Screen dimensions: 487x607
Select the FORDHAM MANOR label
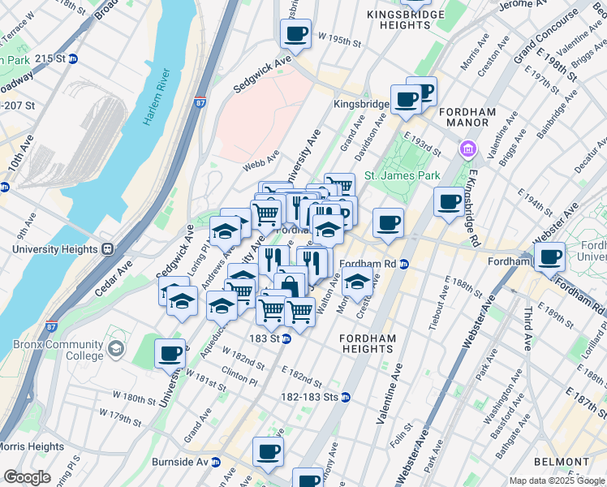pyautogui.click(x=463, y=117)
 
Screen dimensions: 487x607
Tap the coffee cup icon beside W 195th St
pyautogui.click(x=295, y=33)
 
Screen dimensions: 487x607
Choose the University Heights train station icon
pyautogui.click(x=106, y=248)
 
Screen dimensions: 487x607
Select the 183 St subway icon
pyautogui.click(x=286, y=338)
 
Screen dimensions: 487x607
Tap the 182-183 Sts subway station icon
pyautogui.click(x=346, y=397)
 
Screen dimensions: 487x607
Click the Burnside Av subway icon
pyautogui.click(x=216, y=462)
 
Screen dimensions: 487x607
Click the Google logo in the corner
pyautogui.click(x=27, y=476)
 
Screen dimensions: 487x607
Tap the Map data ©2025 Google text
pyautogui.click(x=556, y=481)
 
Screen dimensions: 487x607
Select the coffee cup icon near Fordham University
pyautogui.click(x=549, y=257)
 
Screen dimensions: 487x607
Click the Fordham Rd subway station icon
pyautogui.click(x=403, y=264)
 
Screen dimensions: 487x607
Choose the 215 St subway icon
pyautogui.click(x=71, y=58)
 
